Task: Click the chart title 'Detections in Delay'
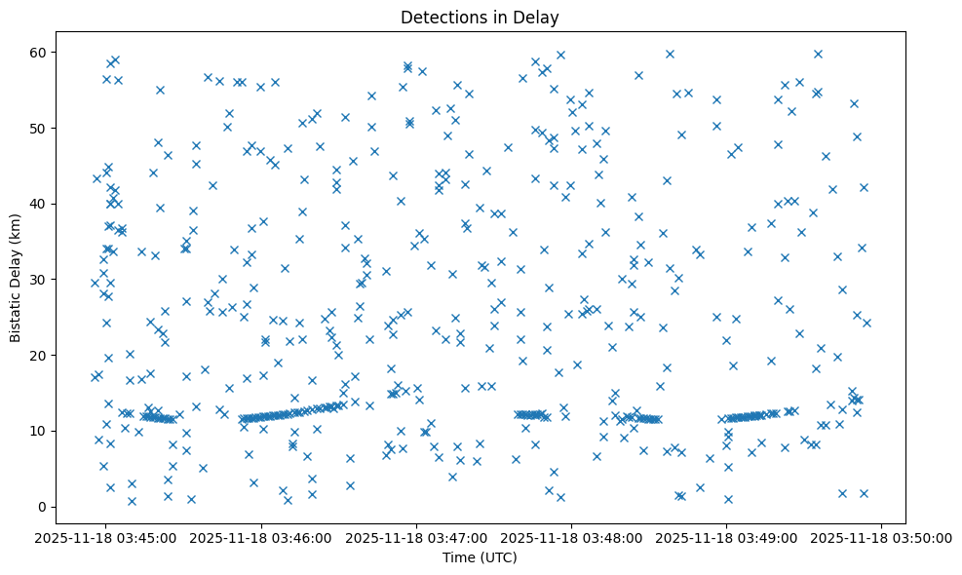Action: (x=480, y=18)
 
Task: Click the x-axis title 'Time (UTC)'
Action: (x=480, y=558)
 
